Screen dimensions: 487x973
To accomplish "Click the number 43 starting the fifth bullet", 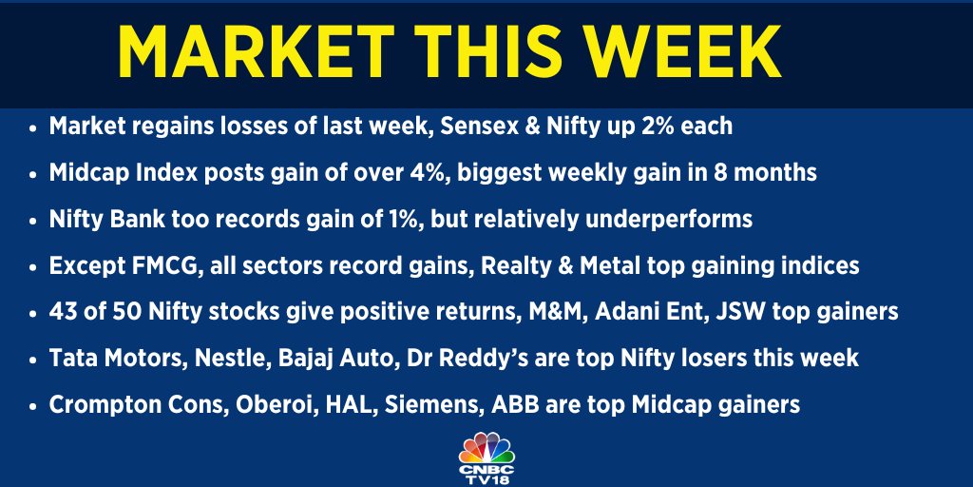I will tap(64, 312).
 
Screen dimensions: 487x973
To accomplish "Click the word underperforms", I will tap(669, 220).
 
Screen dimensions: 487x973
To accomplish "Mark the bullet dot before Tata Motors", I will tap(34, 359).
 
